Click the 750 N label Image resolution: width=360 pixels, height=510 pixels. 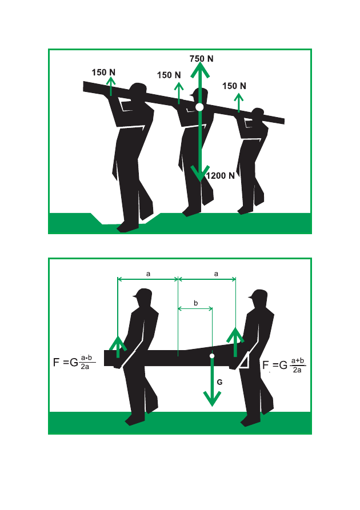coord(202,59)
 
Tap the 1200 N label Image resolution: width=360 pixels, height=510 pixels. coord(221,176)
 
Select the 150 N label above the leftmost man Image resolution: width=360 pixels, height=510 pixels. coord(103,72)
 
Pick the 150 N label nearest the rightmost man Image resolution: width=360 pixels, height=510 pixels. coord(234,86)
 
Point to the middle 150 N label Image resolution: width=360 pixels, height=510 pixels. coord(169,75)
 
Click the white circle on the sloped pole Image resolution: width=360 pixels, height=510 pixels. coord(199,107)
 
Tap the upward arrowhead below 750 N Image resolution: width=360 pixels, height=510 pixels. coord(200,70)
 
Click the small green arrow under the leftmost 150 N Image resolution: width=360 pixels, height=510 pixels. coord(111,86)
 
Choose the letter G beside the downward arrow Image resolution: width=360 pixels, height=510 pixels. coord(219,382)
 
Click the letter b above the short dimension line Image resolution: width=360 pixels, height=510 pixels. coord(195,303)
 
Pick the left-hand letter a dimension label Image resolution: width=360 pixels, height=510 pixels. coord(148,274)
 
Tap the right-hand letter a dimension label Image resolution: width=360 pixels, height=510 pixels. coord(216,274)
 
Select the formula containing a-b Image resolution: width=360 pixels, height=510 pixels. coord(74,362)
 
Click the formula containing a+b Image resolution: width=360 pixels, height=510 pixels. coord(284,366)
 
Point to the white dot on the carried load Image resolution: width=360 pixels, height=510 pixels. coord(212,356)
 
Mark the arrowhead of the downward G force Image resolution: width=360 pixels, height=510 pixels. coord(212,399)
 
